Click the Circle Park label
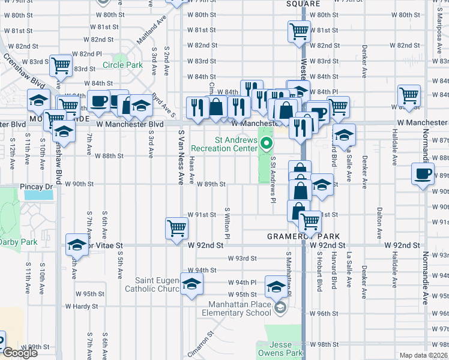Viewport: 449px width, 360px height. coord(122,65)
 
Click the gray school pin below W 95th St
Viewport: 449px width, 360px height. coord(280,308)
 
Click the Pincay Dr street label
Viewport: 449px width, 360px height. coord(37,187)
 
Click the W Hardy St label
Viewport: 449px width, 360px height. coord(82,306)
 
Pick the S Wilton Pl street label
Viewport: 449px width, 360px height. coord(228,222)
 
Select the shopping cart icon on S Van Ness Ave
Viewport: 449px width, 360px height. coord(177,227)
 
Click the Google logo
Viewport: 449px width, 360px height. coord(20,353)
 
